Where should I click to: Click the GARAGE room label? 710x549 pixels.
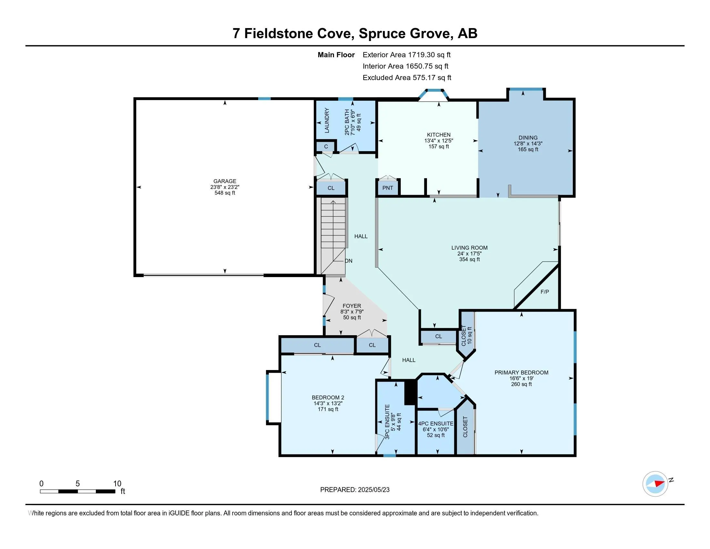pos(225,181)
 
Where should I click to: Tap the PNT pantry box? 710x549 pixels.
pos(388,188)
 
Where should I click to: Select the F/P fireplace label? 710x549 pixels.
pos(544,292)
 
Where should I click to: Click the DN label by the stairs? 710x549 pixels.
pos(349,261)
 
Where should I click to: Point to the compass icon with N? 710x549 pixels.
pos(655,484)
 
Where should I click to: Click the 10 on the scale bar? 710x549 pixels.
pos(117,484)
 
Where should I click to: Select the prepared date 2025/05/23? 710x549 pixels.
pos(373,490)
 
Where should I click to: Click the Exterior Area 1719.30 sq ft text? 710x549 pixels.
pos(406,55)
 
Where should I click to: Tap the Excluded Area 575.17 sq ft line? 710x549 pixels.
pos(407,78)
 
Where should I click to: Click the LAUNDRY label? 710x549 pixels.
pos(327,120)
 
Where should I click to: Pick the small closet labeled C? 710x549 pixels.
pos(326,147)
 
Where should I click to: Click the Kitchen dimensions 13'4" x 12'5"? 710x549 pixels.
pos(439,141)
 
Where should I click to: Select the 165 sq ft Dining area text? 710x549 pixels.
pos(528,150)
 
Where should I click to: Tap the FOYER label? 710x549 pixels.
pos(352,306)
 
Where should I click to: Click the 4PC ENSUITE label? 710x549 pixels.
pos(436,424)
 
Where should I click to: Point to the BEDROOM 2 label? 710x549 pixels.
pos(328,398)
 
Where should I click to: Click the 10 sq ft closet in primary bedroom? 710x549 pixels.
pos(467,335)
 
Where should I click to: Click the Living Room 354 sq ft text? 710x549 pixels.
pos(469,260)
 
